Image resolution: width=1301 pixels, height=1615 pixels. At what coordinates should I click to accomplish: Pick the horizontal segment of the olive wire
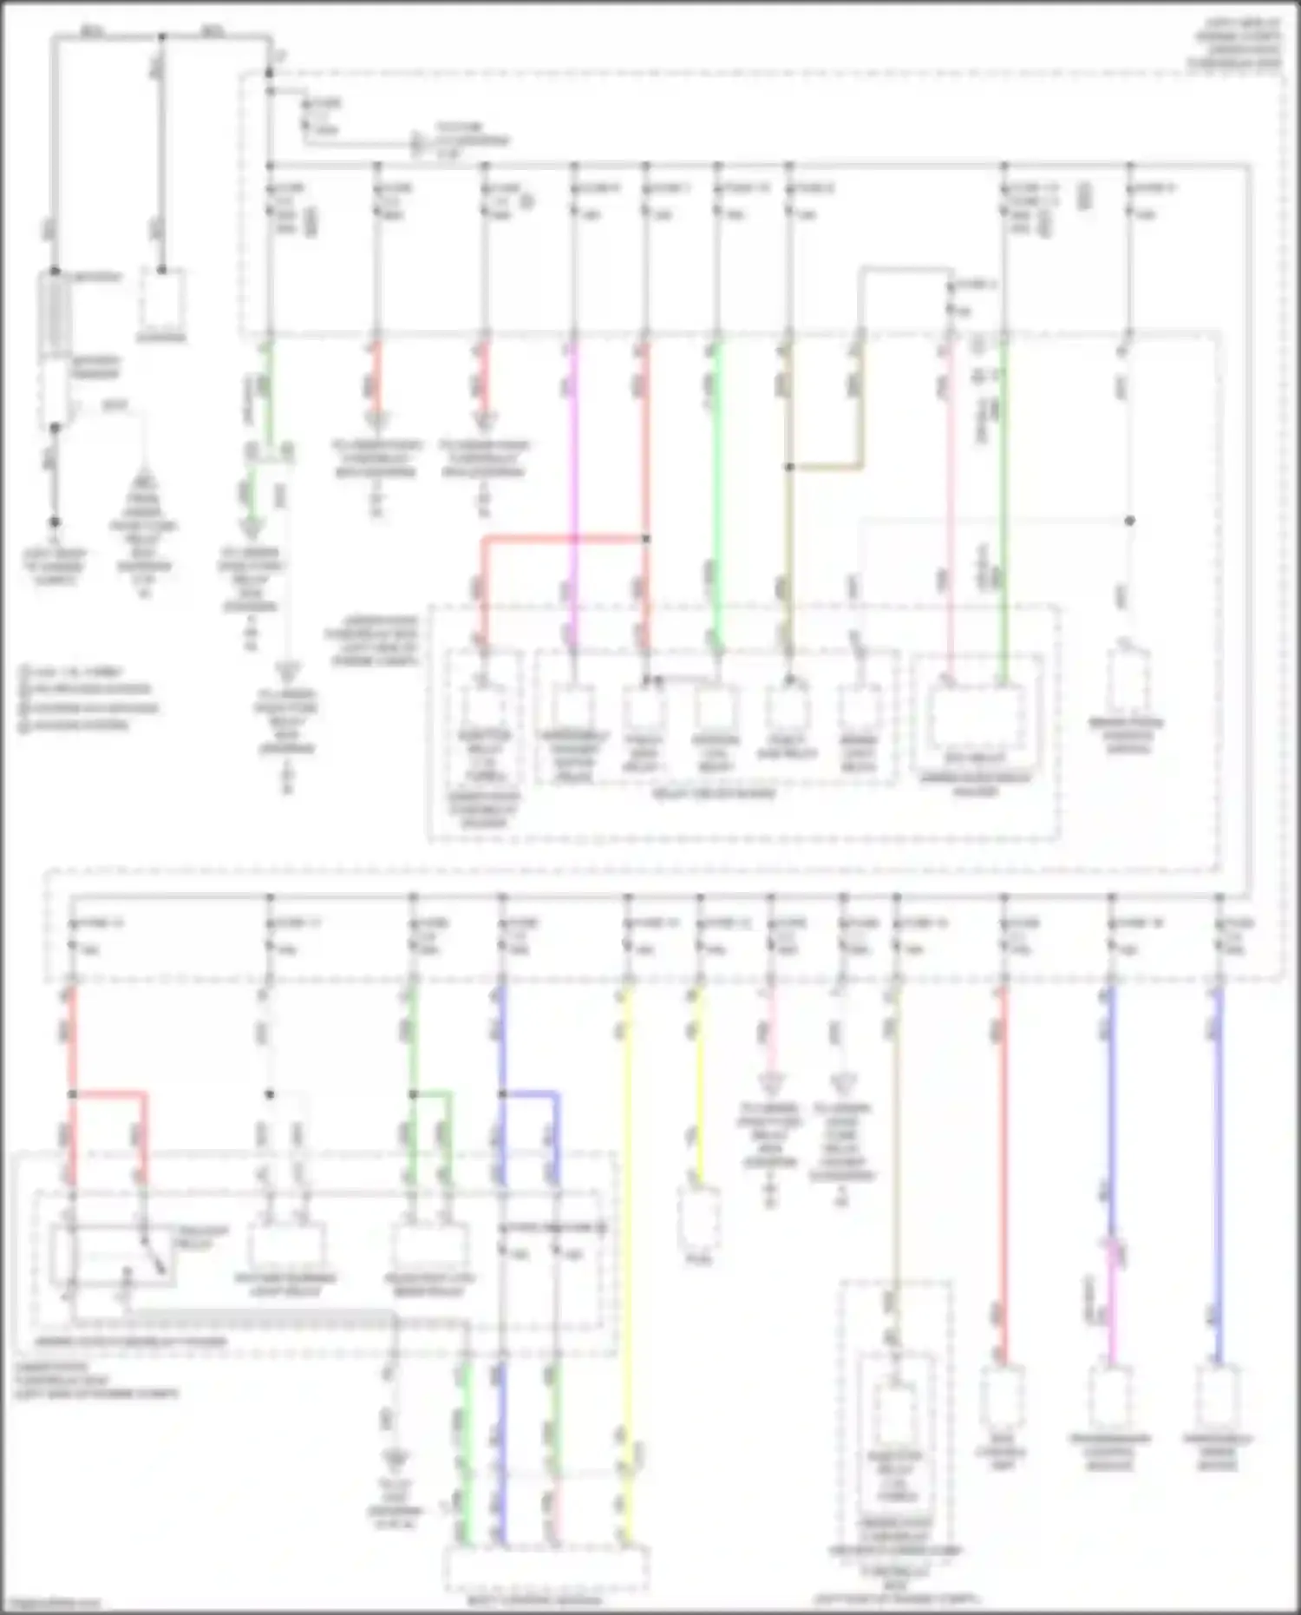pos(826,468)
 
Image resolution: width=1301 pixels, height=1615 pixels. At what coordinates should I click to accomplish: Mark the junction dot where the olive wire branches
pos(789,468)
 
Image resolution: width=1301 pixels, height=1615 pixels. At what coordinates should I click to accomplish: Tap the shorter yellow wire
pos(699,1085)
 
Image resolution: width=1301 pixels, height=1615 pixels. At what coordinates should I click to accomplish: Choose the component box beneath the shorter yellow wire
pos(699,1219)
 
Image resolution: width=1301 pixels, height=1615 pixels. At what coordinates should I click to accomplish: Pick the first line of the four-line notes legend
pos(74,673)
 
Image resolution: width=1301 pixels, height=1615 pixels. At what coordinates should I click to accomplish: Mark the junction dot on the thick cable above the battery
pos(162,37)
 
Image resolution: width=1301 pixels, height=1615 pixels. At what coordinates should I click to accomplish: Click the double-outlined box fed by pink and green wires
pos(976,719)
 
